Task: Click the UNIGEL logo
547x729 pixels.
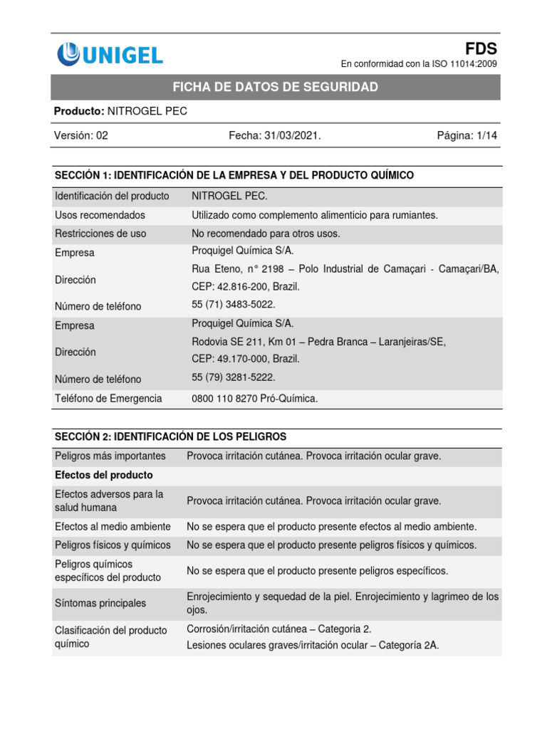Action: click(110, 53)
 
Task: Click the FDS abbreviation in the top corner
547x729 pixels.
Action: click(481, 48)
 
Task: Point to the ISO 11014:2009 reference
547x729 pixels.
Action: click(419, 64)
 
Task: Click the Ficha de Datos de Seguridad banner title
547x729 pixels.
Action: click(276, 87)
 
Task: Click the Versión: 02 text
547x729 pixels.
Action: click(81, 135)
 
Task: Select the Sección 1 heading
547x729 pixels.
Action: click(234, 175)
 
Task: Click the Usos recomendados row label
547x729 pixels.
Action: click(100, 215)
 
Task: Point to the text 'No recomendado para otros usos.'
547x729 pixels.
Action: click(266, 234)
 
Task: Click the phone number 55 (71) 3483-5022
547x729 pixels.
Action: click(234, 305)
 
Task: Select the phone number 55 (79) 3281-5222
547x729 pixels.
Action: click(234, 377)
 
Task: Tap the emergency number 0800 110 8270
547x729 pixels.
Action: click(255, 399)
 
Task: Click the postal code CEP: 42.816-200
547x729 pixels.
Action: click(246, 286)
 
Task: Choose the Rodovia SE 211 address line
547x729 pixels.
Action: click(318, 342)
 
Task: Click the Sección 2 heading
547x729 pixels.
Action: click(171, 436)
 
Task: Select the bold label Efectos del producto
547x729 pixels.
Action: click(104, 475)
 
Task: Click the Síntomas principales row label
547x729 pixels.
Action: click(100, 603)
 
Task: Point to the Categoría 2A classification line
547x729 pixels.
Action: click(313, 646)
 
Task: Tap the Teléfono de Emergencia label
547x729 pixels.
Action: click(108, 399)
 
